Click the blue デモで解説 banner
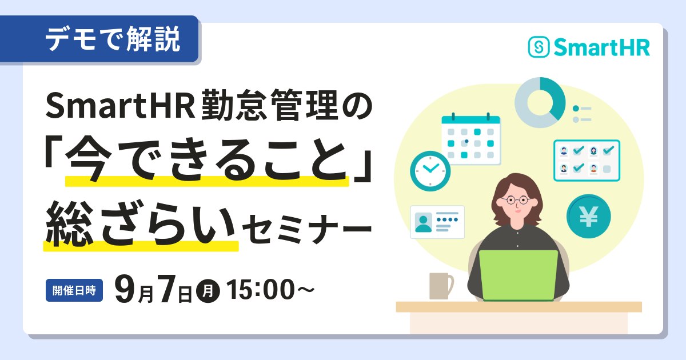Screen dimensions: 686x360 click(99, 39)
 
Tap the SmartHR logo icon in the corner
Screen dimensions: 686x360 click(539, 47)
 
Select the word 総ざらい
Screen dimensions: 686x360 click(141, 223)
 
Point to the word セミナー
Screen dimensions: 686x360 click(307, 229)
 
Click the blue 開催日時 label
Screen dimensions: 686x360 click(74, 290)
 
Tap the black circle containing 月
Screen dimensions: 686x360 click(208, 291)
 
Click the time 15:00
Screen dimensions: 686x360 click(261, 289)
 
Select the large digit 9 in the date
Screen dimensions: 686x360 click(125, 289)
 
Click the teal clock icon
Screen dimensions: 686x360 click(430, 171)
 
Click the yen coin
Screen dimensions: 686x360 click(588, 217)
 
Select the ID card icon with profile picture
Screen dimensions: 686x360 click(437, 222)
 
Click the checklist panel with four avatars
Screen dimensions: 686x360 click(587, 161)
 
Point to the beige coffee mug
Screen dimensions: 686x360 click(441, 286)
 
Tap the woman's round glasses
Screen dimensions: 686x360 click(516, 201)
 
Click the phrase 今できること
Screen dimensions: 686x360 click(208, 160)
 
